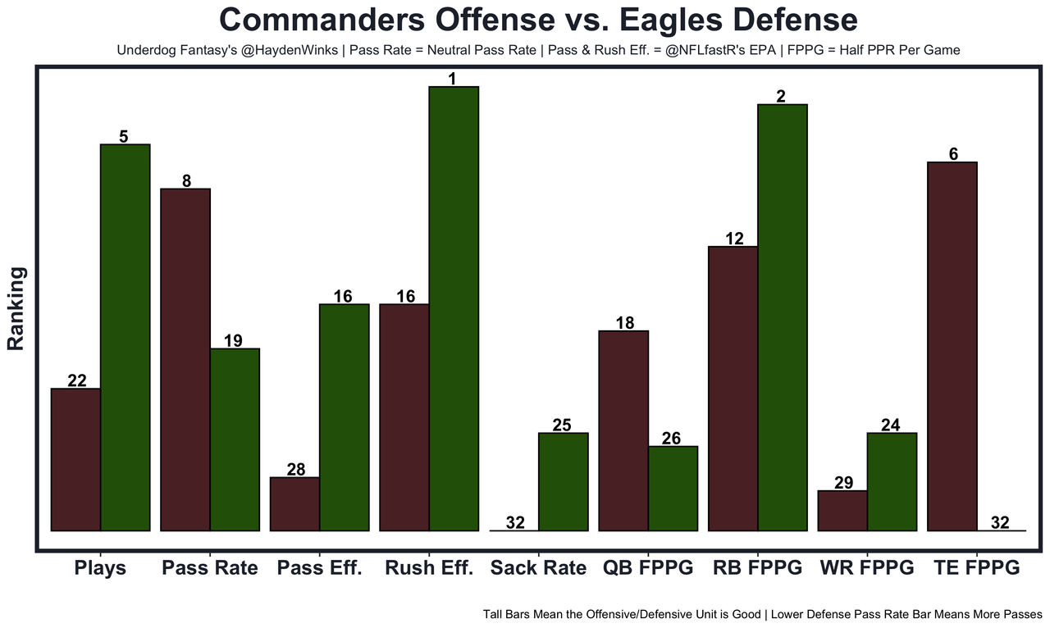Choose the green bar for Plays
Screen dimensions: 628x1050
pyautogui.click(x=125, y=337)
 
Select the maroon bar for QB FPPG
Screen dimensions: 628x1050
pyautogui.click(x=623, y=430)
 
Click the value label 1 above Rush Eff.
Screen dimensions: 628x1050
pyautogui.click(x=452, y=79)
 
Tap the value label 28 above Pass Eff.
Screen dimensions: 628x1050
pyautogui.click(x=295, y=470)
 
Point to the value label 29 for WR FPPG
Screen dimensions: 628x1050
pyautogui.click(x=843, y=483)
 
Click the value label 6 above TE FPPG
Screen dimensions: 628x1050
pyautogui.click(x=953, y=154)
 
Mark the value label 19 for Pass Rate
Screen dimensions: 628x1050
pyautogui.click(x=233, y=341)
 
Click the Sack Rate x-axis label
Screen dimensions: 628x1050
pyautogui.click(x=538, y=568)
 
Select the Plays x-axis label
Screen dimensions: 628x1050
pyautogui.click(x=100, y=568)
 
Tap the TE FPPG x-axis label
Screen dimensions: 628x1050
pyautogui.click(x=976, y=568)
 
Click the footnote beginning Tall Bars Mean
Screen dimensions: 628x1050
pyautogui.click(x=762, y=613)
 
